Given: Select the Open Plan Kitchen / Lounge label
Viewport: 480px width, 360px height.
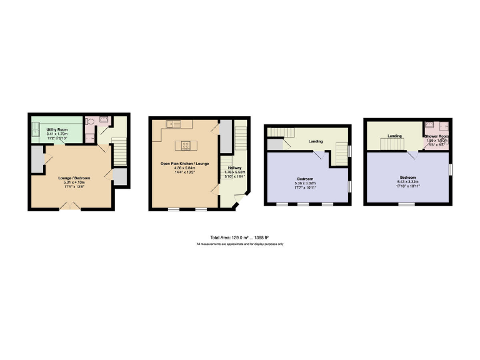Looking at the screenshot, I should tap(184, 163).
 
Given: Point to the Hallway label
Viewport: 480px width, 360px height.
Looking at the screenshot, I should tap(234, 168).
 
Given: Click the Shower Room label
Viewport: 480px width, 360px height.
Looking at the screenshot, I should tap(437, 136).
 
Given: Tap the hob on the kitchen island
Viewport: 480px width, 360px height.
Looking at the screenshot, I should tap(186, 146).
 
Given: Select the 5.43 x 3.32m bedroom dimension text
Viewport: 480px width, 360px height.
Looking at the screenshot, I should tap(408, 182).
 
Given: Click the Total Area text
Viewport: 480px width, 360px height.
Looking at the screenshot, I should tap(239, 237).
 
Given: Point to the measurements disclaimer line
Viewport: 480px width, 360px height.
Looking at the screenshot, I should tap(239, 244).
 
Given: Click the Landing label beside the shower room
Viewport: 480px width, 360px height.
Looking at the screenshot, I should tap(394, 136).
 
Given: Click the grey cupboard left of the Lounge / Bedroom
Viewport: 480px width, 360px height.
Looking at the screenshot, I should tap(36, 160).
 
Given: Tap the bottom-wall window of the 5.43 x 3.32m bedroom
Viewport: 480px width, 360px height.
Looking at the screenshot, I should tap(407, 204).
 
